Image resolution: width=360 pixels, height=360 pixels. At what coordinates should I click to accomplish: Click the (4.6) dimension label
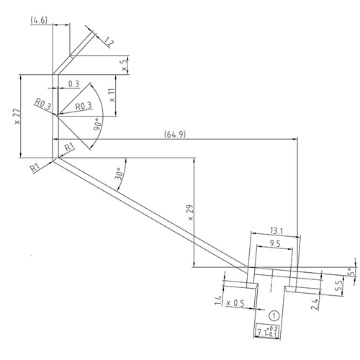pyautogui.click(x=39, y=20)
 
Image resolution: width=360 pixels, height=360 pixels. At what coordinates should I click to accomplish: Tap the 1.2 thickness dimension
pyautogui.click(x=109, y=42)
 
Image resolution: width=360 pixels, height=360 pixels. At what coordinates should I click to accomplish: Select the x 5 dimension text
pyautogui.click(x=124, y=65)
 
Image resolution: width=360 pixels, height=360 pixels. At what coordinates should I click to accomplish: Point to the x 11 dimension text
pyautogui.click(x=112, y=95)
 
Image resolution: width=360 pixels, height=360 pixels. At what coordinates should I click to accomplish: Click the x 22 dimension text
pyautogui.click(x=17, y=116)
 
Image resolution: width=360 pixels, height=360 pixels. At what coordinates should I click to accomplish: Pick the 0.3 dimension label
pyautogui.click(x=73, y=84)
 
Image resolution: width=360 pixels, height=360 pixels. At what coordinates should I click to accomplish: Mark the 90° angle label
pyautogui.click(x=97, y=124)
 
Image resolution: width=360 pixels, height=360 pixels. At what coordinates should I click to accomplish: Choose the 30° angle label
pyautogui.click(x=119, y=174)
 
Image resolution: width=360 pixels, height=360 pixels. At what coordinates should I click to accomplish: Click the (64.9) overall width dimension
pyautogui.click(x=175, y=134)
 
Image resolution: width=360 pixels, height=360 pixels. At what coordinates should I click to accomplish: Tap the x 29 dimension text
pyautogui.click(x=190, y=212)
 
